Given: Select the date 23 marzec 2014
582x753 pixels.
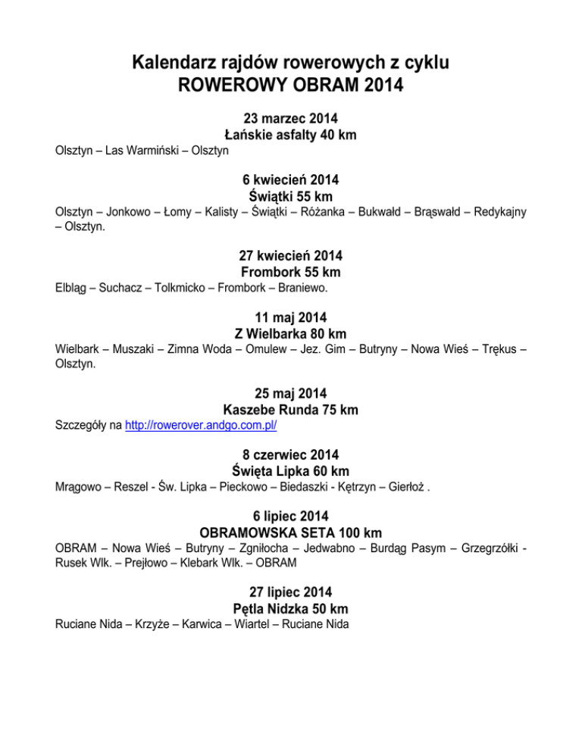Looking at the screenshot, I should (290, 119).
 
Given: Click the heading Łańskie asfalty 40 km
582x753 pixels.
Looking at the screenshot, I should (290, 135).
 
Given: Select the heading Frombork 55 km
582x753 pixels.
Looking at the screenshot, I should (290, 272).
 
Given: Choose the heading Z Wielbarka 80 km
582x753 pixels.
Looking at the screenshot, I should (290, 333).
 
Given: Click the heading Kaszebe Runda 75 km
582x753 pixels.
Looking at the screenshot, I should (290, 410).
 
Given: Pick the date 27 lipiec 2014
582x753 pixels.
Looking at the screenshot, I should (290, 592).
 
